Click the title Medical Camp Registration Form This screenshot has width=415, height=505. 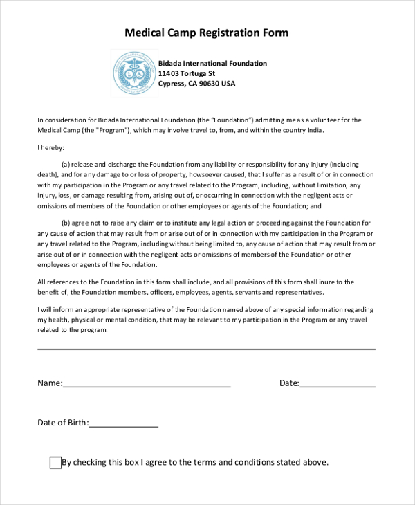[x=207, y=33]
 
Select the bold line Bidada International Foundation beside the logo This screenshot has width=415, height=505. [x=212, y=64]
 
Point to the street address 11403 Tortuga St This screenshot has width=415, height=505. [x=186, y=73]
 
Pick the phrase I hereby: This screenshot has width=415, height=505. [x=50, y=148]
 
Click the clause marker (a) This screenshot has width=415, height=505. [x=66, y=165]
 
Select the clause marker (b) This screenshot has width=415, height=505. [x=66, y=223]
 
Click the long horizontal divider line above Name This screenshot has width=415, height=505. [x=206, y=349]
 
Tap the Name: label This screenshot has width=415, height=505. [x=49, y=383]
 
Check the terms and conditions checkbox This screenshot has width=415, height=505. [x=55, y=463]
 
